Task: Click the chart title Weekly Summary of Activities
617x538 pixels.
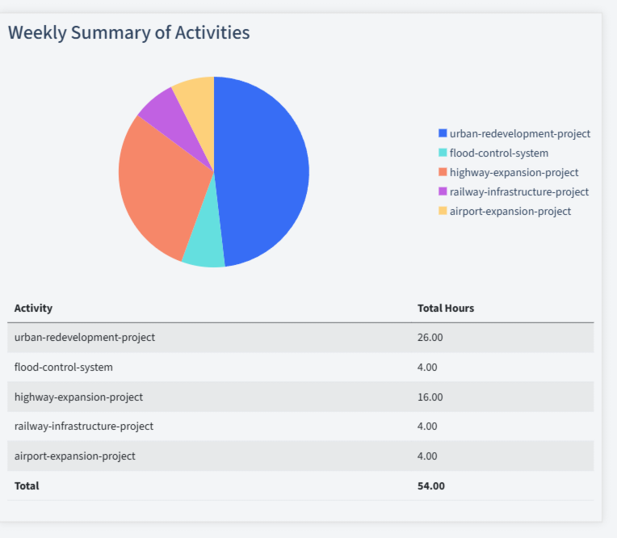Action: click(x=128, y=32)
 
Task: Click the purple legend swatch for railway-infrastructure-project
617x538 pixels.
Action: click(x=443, y=191)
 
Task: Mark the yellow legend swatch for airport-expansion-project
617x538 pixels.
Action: click(x=443, y=211)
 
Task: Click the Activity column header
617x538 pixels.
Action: click(x=33, y=308)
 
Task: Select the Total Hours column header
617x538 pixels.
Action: click(x=445, y=308)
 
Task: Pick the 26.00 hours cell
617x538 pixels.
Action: click(x=430, y=337)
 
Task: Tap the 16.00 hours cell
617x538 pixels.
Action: click(x=430, y=397)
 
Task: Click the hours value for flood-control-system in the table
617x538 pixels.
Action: click(x=427, y=367)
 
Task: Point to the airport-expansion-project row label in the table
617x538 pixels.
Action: click(x=75, y=456)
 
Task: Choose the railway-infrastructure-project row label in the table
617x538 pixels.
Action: click(x=84, y=426)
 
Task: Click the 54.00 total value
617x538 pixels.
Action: click(x=430, y=485)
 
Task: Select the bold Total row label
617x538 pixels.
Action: click(x=27, y=485)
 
